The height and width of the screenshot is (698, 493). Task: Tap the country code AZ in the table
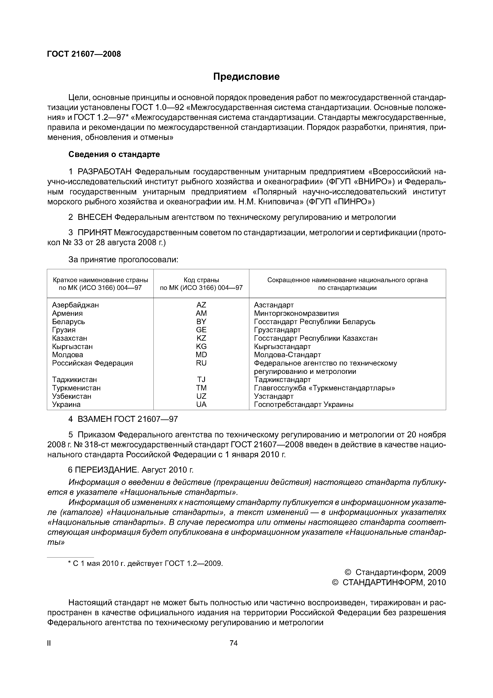pyautogui.click(x=201, y=305)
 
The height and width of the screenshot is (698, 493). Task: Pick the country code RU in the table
pyautogui.click(x=201, y=363)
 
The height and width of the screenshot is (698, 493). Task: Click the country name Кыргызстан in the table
pyautogui.click(x=72, y=347)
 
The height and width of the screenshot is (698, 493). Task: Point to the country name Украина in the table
pyautogui.click(x=66, y=404)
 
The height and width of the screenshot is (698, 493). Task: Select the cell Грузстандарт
pyautogui.click(x=277, y=330)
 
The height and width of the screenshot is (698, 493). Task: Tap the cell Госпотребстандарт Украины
pyautogui.click(x=304, y=404)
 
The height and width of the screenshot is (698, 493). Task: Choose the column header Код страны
pyautogui.click(x=201, y=280)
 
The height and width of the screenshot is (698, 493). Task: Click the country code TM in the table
pyautogui.click(x=201, y=388)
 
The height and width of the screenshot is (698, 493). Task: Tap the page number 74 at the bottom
pyautogui.click(x=234, y=643)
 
